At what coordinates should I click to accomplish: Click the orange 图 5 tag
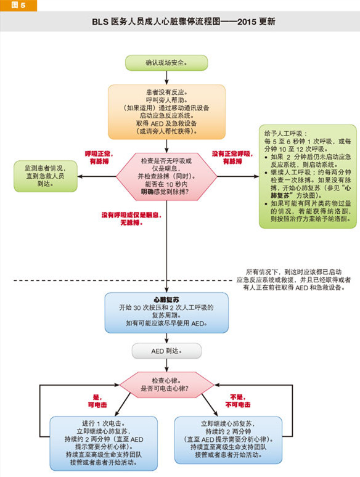pyautogui.click(x=18, y=5)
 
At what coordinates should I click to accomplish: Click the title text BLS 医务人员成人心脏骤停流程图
pyautogui.click(x=156, y=22)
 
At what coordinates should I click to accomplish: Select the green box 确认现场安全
pyautogui.click(x=166, y=63)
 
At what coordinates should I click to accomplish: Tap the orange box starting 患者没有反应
pyautogui.click(x=166, y=112)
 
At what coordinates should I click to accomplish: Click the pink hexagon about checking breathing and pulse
pyautogui.click(x=166, y=176)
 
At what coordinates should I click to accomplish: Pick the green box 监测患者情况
pyautogui.click(x=46, y=176)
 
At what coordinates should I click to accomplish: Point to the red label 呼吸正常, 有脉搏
pyautogui.click(x=99, y=158)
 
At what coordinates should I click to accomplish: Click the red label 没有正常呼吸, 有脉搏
pyautogui.click(x=232, y=158)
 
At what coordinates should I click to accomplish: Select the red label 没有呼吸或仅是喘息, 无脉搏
pyautogui.click(x=131, y=219)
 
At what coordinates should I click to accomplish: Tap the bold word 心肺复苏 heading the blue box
pyautogui.click(x=166, y=300)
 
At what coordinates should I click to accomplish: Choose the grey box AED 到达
pyautogui.click(x=166, y=351)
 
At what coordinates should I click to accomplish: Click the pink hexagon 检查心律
pyautogui.click(x=166, y=385)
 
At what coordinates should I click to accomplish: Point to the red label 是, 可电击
pyautogui.click(x=97, y=401)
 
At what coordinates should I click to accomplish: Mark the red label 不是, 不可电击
pyautogui.click(x=238, y=401)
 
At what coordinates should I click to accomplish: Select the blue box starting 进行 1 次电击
pyautogui.click(x=104, y=443)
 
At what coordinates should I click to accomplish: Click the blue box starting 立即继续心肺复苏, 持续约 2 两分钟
pyautogui.click(x=228, y=439)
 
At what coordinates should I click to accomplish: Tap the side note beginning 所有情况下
pyautogui.click(x=293, y=280)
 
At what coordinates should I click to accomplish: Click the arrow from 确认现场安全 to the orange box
pyautogui.click(x=166, y=78)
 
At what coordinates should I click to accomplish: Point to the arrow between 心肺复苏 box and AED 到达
pyautogui.click(x=166, y=338)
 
